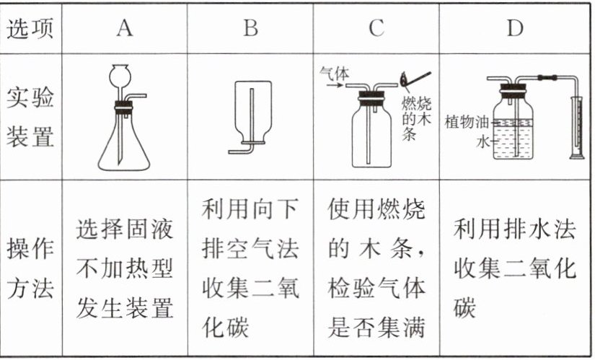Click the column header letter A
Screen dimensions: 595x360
(x=124, y=27)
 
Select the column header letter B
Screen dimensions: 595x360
(x=250, y=27)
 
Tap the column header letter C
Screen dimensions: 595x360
(x=376, y=27)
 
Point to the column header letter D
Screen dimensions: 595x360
(x=514, y=27)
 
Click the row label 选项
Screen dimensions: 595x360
(x=31, y=27)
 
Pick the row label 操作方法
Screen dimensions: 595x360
(x=31, y=268)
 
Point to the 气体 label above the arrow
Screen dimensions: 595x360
(x=336, y=72)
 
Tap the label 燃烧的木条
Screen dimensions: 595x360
(x=416, y=115)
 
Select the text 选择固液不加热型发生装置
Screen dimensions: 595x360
(x=124, y=268)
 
